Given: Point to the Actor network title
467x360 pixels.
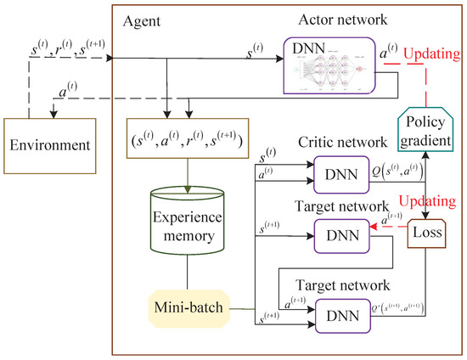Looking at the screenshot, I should [331, 19].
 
